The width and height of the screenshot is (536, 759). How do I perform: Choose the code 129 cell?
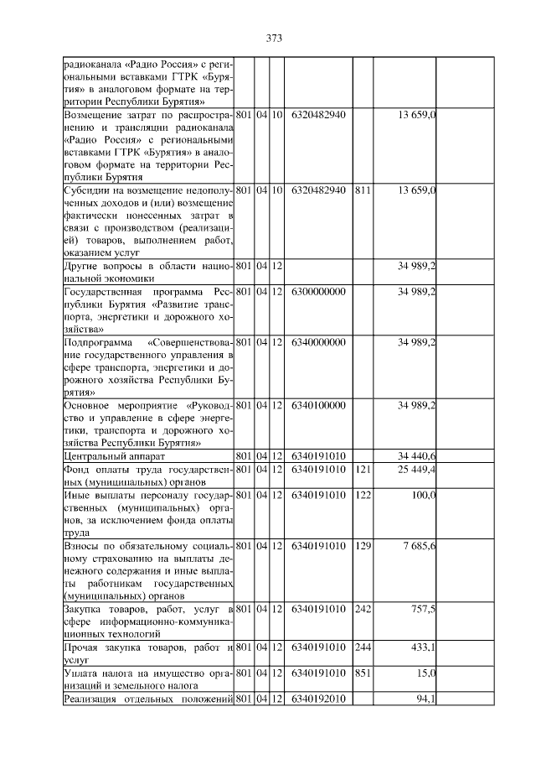point(363,546)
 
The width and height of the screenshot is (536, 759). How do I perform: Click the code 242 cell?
point(363,609)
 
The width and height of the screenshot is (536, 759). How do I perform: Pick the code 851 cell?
point(363,673)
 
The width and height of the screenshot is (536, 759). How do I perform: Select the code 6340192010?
point(319,699)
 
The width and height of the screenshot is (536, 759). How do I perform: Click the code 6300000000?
point(319,291)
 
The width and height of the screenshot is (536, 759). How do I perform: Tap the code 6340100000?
point(319,405)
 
